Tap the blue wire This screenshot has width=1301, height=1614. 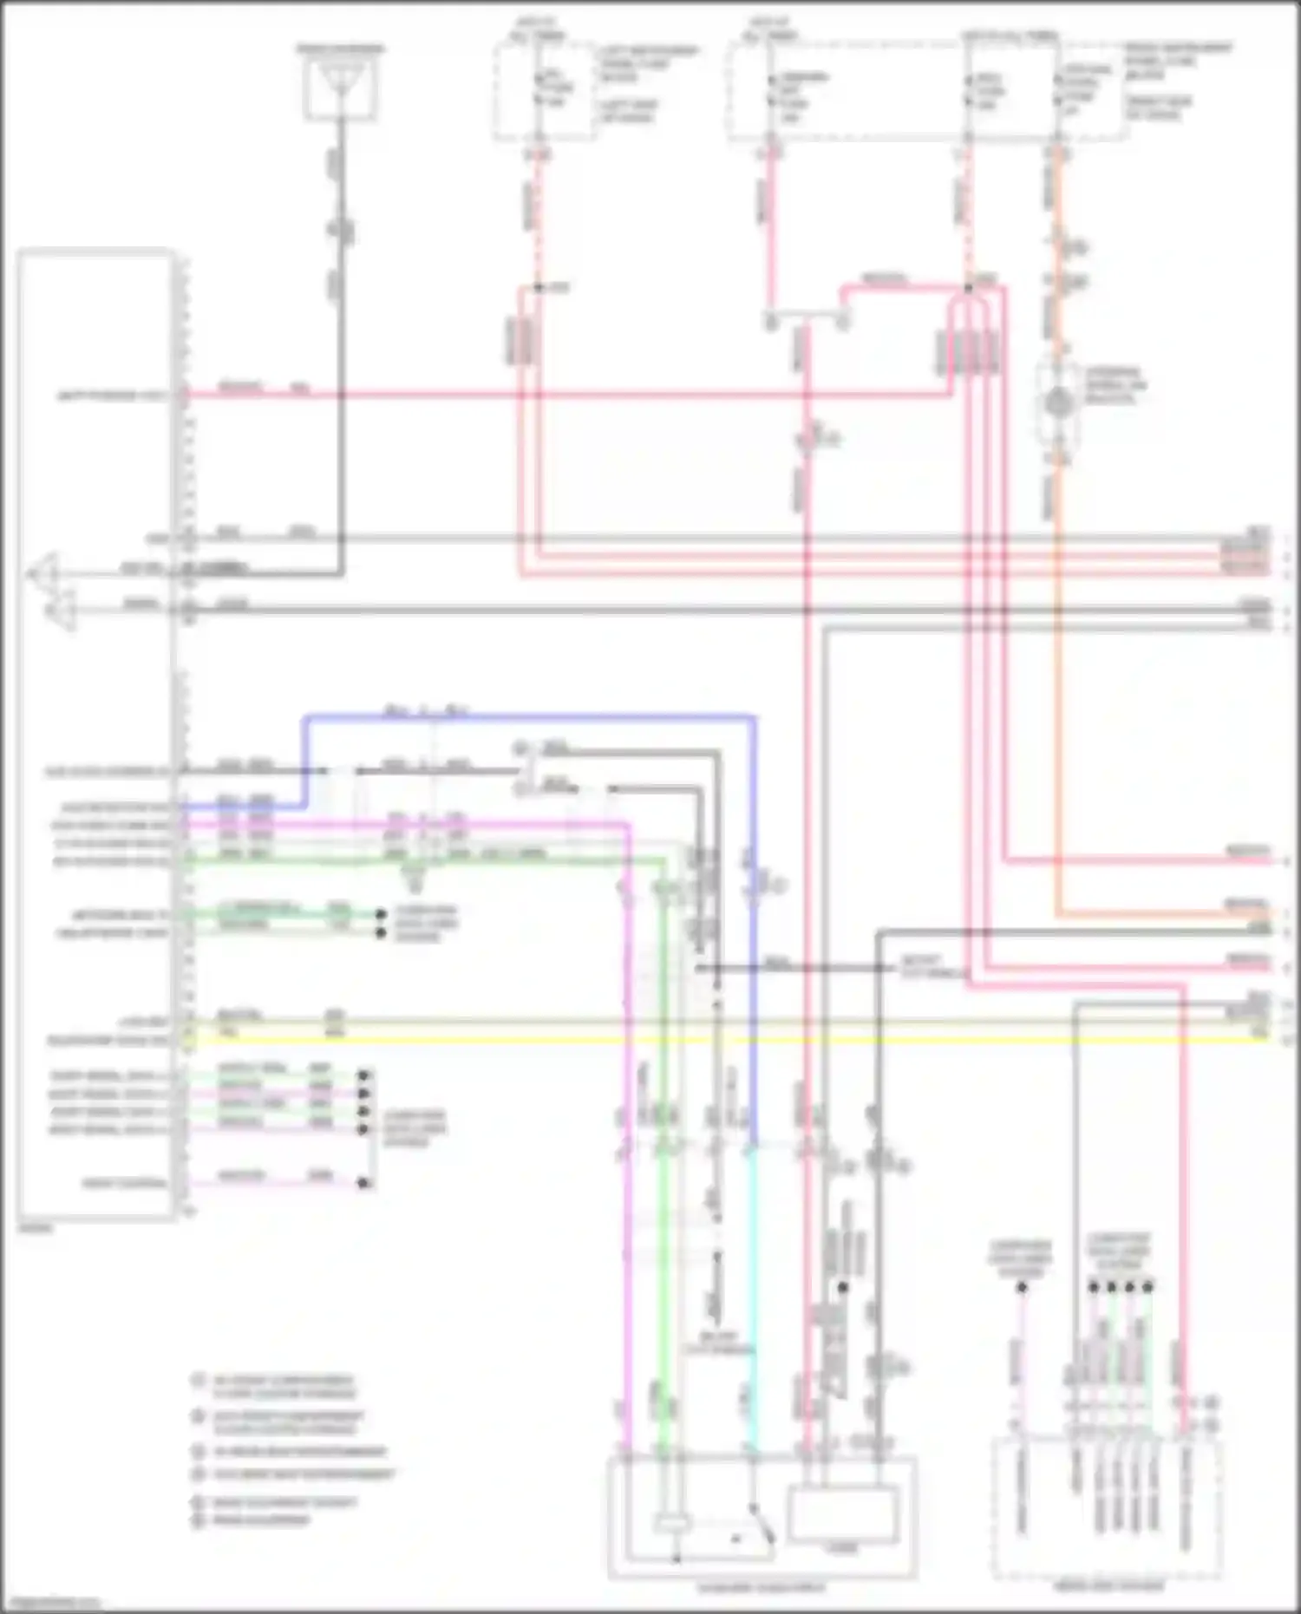[x=529, y=717]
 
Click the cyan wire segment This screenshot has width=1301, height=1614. [x=753, y=1301]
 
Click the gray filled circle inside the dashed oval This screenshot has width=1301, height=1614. [x=1057, y=402]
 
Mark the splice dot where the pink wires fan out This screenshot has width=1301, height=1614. [x=968, y=287]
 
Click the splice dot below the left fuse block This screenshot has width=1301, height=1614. [x=538, y=287]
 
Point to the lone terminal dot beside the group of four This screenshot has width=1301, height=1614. [x=1022, y=1287]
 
